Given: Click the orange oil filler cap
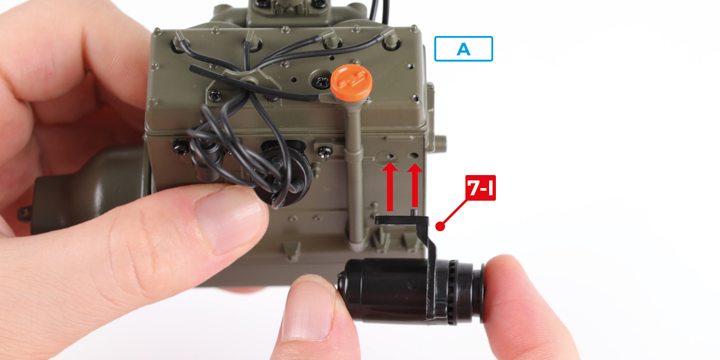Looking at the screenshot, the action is pos(351,82).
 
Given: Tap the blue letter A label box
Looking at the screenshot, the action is pos(463,49).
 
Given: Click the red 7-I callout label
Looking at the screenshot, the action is pos(481,188).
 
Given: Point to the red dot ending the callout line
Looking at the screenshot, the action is pos(440,226).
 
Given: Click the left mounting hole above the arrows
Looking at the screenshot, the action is pos(391,156).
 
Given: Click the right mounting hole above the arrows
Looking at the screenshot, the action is pos(414,156).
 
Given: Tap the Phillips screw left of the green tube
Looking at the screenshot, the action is pos(325,152).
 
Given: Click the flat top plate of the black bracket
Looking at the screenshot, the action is pos(401,220).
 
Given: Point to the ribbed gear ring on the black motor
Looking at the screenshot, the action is pos(453,292).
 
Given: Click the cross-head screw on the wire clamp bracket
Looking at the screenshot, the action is pos(215,95).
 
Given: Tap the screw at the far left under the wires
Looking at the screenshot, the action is pos(181,148).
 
